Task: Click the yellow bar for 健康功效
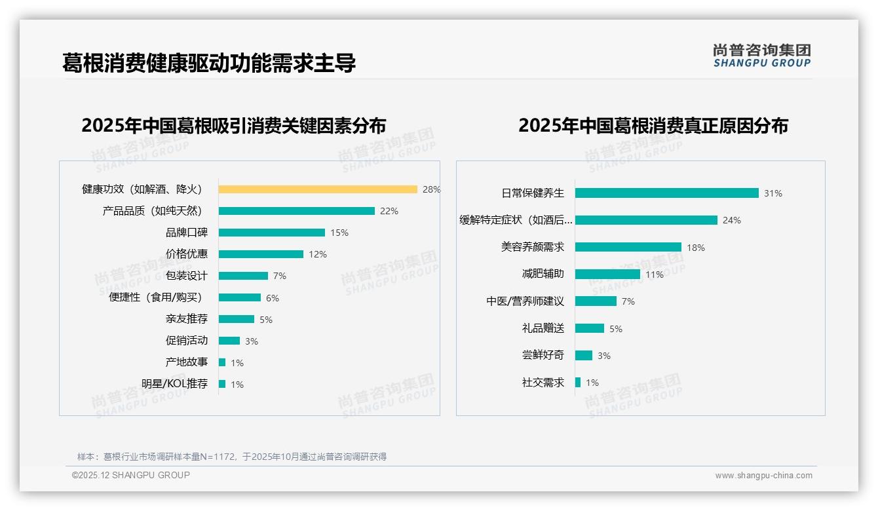point(318,189)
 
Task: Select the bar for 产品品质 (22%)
point(296,211)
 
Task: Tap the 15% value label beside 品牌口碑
point(339,233)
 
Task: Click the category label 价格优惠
point(187,254)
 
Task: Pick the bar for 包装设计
point(243,276)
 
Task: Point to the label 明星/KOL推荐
point(175,384)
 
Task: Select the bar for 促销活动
point(229,341)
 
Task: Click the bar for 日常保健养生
point(666,193)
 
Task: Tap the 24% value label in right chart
point(732,220)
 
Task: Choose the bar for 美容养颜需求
point(628,247)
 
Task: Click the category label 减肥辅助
point(543,274)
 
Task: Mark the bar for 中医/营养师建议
point(596,301)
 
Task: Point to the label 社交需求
point(543,383)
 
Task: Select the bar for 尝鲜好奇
point(584,355)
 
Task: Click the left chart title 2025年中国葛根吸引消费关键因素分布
point(234,125)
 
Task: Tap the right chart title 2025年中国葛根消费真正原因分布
point(653,125)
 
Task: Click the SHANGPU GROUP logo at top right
point(762,56)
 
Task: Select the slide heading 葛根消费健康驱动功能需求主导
point(209,64)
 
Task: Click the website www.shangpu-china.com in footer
point(763,476)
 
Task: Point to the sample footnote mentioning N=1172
point(232,457)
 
